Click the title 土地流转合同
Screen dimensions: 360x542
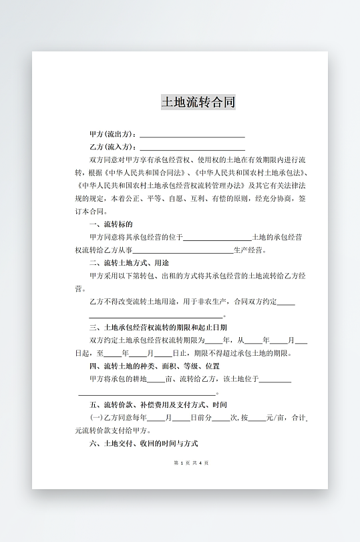198,102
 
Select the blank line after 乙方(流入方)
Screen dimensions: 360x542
192,148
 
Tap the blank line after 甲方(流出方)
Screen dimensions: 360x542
192,135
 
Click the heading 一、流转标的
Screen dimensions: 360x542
110,224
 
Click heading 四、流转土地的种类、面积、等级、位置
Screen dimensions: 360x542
154,366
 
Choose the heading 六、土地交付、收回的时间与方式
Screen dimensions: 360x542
143,444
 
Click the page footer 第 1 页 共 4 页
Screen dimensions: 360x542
191,463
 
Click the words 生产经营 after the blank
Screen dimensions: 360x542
249,250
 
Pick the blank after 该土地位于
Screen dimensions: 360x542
275,380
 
